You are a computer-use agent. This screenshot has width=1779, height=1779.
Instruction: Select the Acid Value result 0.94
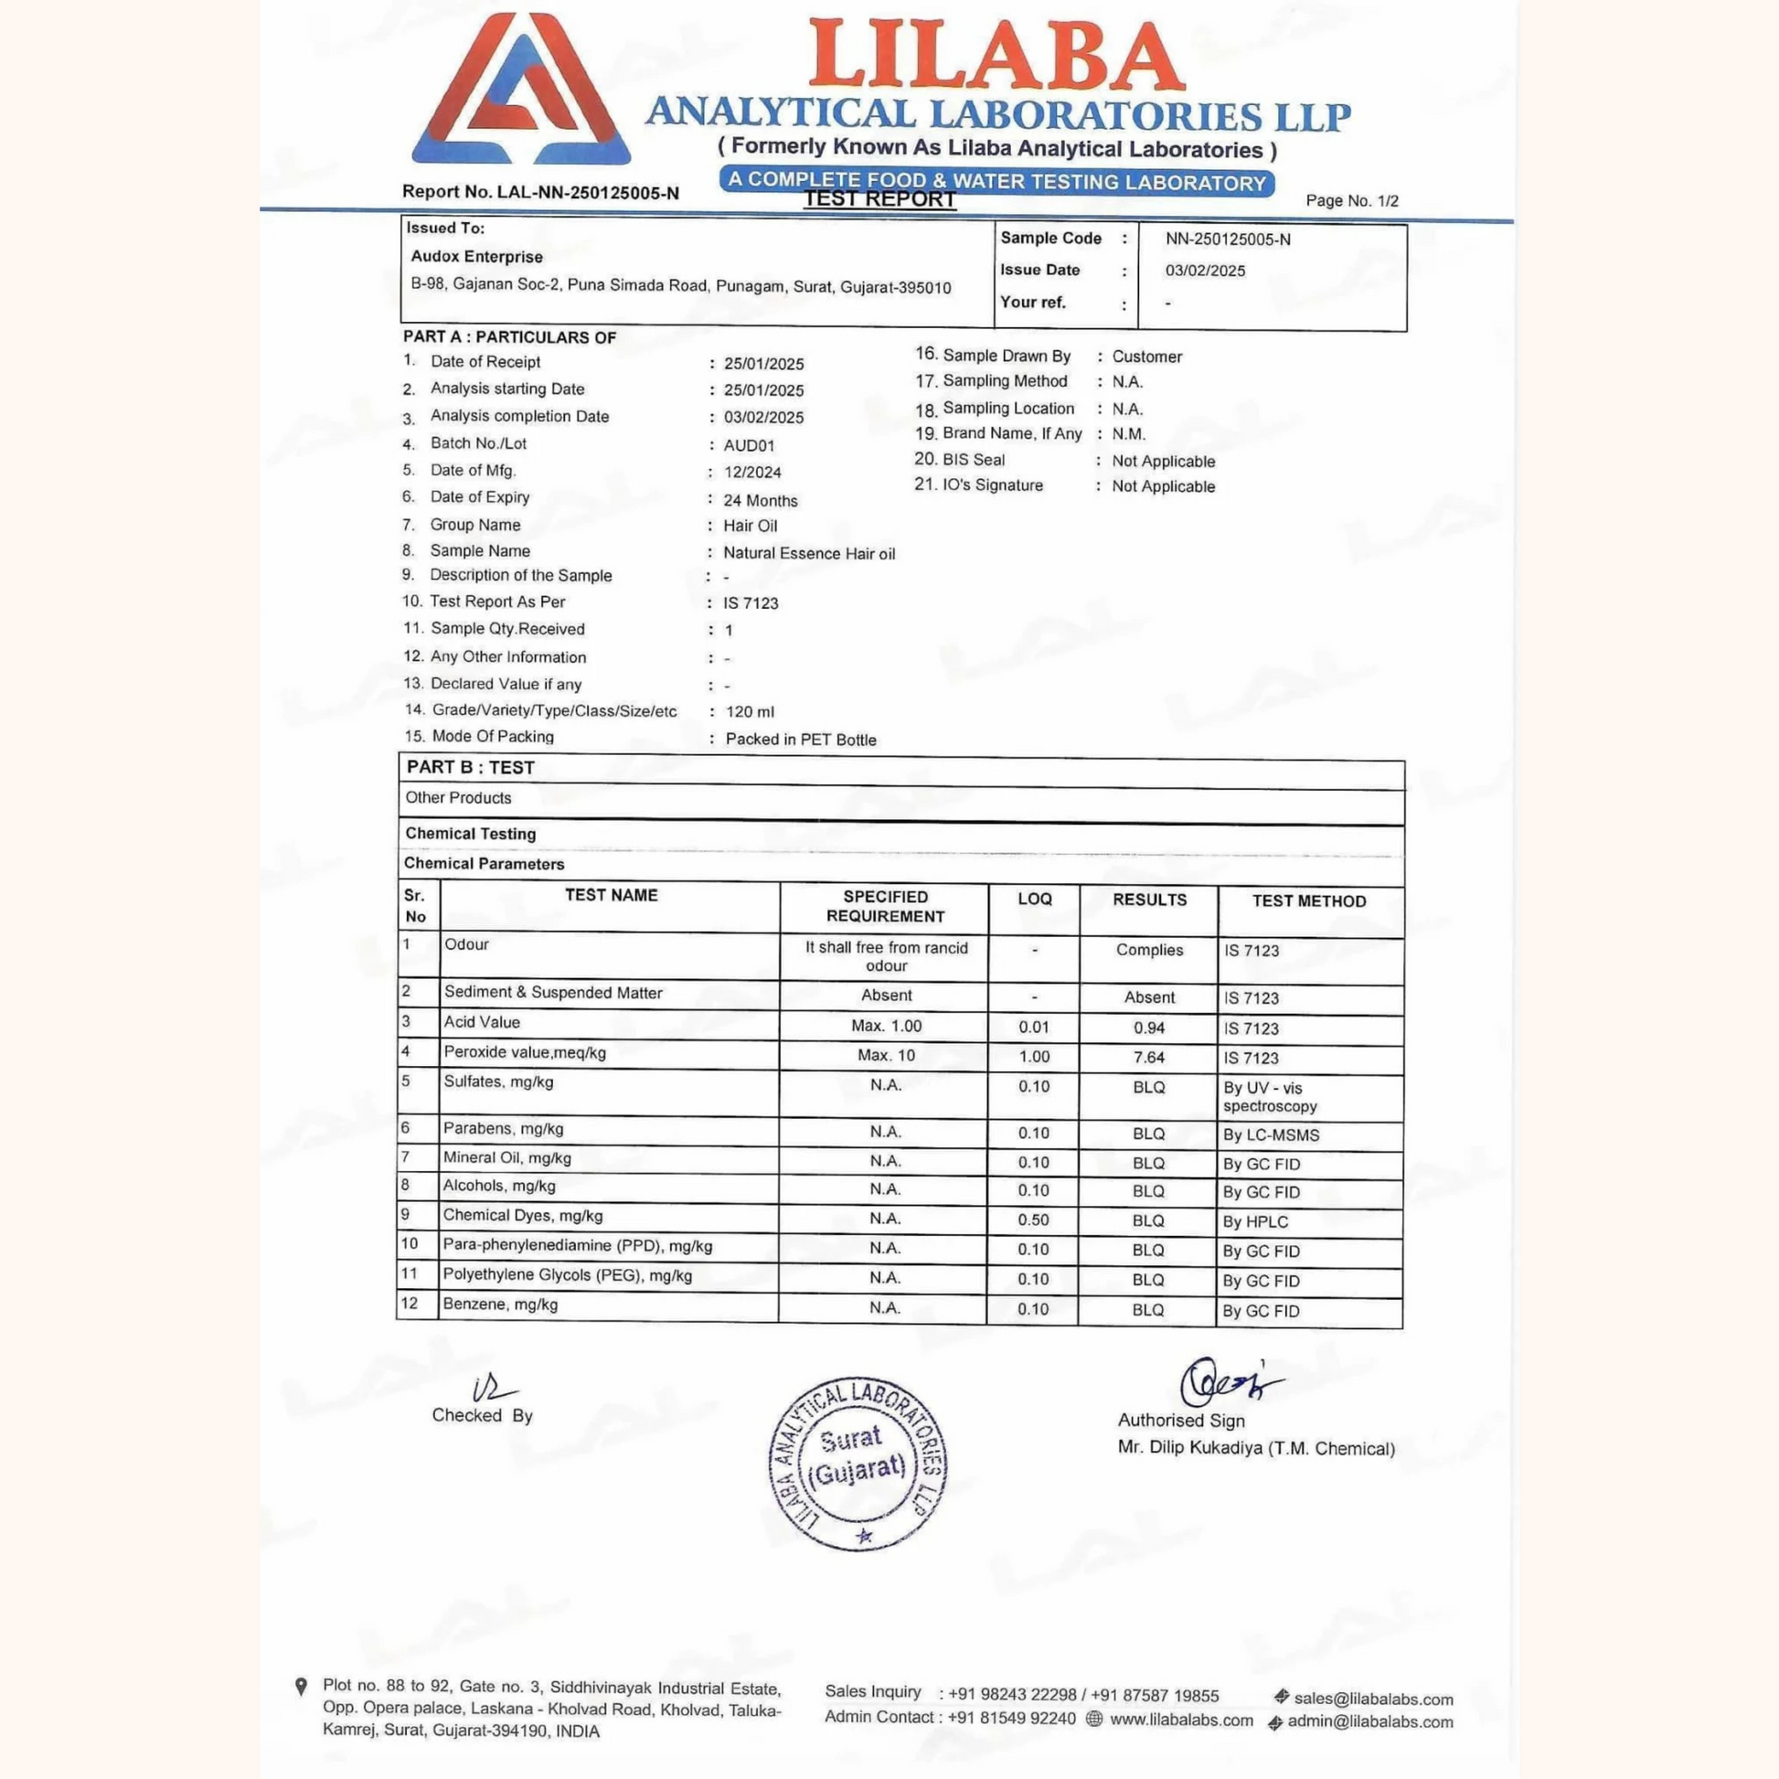(x=1148, y=1028)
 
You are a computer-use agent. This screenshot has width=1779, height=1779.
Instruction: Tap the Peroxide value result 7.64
(x=1148, y=1057)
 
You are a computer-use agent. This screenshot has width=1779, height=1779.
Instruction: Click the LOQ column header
(x=1034, y=899)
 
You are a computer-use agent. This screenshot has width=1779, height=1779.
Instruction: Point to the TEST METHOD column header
(x=1308, y=901)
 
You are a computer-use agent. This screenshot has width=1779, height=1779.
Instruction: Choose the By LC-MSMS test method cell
(x=1271, y=1135)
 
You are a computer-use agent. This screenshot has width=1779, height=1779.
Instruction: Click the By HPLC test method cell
(x=1255, y=1222)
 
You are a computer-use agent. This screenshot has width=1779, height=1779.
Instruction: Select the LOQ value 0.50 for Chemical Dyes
(x=1033, y=1220)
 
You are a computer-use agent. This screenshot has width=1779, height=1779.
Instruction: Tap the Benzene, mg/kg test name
(x=500, y=1305)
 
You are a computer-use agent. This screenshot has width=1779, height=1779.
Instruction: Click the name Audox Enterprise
(x=476, y=257)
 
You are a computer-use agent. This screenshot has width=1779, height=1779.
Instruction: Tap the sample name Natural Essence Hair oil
(x=808, y=553)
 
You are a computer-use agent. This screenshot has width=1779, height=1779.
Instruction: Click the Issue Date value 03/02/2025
(x=1204, y=271)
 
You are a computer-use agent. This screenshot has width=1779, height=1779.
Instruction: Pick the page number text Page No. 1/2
(x=1352, y=201)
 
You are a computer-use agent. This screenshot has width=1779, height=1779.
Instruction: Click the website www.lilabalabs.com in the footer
(x=1181, y=1720)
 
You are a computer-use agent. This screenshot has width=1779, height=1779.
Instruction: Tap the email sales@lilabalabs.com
(x=1373, y=1699)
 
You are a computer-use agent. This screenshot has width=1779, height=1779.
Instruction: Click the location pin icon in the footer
(x=300, y=1687)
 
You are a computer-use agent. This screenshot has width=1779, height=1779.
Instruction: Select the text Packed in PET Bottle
(x=800, y=740)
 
